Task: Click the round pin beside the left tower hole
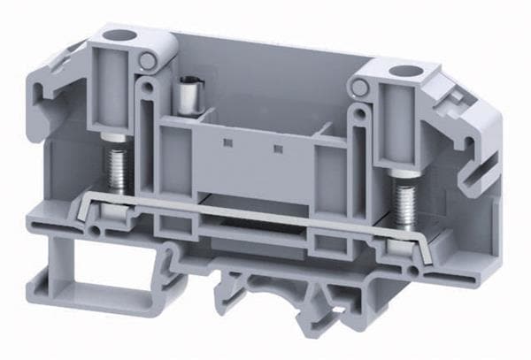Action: coord(148,61)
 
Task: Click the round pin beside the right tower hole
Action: coord(358,87)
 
